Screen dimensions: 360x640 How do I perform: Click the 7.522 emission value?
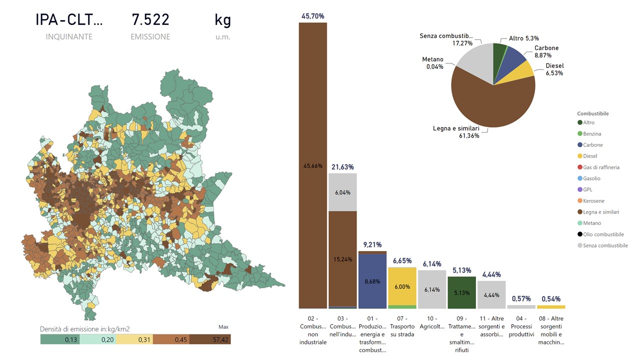coord(150,20)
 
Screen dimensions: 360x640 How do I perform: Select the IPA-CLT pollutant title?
coord(69,20)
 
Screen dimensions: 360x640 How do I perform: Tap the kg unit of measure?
coord(222,20)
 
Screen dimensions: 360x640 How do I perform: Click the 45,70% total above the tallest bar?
coord(312,16)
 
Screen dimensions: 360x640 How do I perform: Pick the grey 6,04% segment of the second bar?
coord(342,192)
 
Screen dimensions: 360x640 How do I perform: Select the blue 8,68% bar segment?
coord(372,281)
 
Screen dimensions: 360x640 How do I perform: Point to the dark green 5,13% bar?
coord(461,292)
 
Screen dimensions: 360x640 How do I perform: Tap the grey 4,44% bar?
coord(491,295)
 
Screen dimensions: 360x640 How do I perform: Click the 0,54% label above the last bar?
coord(551,299)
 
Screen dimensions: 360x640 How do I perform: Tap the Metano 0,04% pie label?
coord(432,63)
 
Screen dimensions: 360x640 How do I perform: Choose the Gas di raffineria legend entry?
coord(601,167)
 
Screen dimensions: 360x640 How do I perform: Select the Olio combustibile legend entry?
coord(603,234)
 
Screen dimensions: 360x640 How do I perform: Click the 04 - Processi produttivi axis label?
coord(521,326)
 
